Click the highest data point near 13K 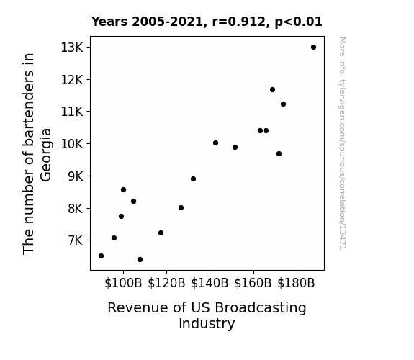coord(313,48)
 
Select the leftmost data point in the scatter coord(101,256)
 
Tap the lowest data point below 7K coord(140,260)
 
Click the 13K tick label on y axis coord(72,48)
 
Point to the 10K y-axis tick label coord(72,144)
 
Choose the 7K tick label coord(76,240)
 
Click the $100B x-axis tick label coord(123,283)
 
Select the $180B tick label coord(296,283)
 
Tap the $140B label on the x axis coord(210,283)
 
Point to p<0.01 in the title coord(298,22)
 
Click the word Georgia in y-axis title coord(46,155)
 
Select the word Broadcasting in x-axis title coord(261,308)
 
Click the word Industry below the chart coord(207,324)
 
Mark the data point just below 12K coord(272,90)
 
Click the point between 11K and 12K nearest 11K coord(283,104)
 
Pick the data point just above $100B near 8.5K coord(123,189)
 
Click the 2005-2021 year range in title coord(167,22)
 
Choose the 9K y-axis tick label coord(76,176)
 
